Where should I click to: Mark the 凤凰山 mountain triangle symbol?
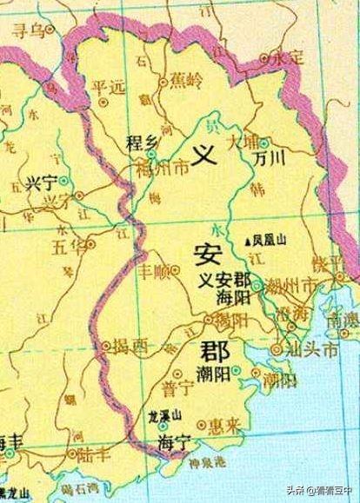coord(248,241)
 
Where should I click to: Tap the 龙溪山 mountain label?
coord(163,414)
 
